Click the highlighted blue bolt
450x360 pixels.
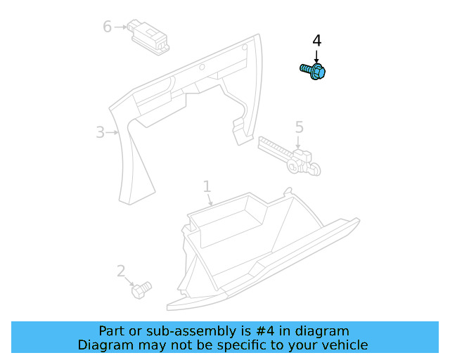(x=314, y=71)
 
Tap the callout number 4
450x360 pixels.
(x=316, y=41)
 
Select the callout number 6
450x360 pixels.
(x=107, y=27)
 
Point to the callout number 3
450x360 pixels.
(x=100, y=131)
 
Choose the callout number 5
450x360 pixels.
(x=299, y=127)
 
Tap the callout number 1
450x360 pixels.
(x=207, y=186)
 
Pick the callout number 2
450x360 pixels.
(x=121, y=271)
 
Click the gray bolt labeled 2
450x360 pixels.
(x=141, y=288)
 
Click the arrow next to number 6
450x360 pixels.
(x=121, y=27)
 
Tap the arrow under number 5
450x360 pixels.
(x=299, y=142)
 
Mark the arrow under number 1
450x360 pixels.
(x=209, y=200)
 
